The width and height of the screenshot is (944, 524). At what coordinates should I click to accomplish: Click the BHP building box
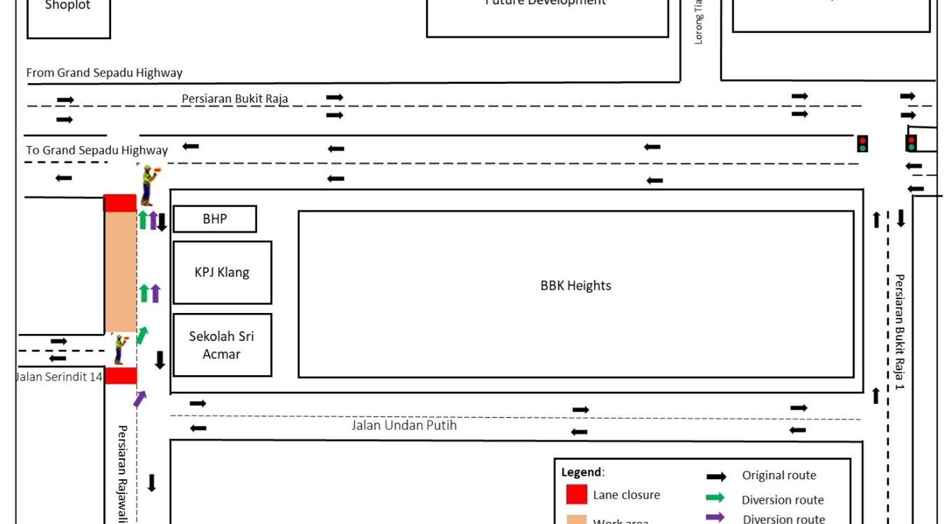click(214, 219)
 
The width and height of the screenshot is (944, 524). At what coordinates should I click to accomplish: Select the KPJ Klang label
click(221, 272)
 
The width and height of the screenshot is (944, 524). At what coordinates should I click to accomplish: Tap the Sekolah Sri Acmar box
click(221, 345)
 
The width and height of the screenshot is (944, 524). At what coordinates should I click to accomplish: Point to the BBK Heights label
click(575, 285)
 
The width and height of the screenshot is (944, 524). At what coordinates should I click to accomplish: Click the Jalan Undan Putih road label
click(404, 425)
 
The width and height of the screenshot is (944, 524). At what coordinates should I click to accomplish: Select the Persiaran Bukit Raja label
click(235, 99)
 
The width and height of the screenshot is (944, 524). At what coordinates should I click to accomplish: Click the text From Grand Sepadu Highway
click(104, 73)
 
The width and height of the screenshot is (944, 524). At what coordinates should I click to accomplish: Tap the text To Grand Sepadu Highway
click(97, 150)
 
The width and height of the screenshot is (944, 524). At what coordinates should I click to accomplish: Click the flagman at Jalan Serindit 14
click(119, 349)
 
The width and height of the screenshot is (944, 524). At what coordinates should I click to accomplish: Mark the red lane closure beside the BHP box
click(120, 203)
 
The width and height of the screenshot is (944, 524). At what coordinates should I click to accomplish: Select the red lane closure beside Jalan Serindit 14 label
click(120, 376)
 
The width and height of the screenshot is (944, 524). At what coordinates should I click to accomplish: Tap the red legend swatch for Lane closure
click(576, 494)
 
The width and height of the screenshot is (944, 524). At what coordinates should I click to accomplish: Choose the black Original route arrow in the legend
click(716, 476)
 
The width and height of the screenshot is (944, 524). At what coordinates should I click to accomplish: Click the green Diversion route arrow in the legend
click(716, 498)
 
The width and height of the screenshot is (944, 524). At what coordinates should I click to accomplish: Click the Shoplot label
click(68, 6)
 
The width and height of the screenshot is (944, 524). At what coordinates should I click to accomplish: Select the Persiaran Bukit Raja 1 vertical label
click(899, 331)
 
